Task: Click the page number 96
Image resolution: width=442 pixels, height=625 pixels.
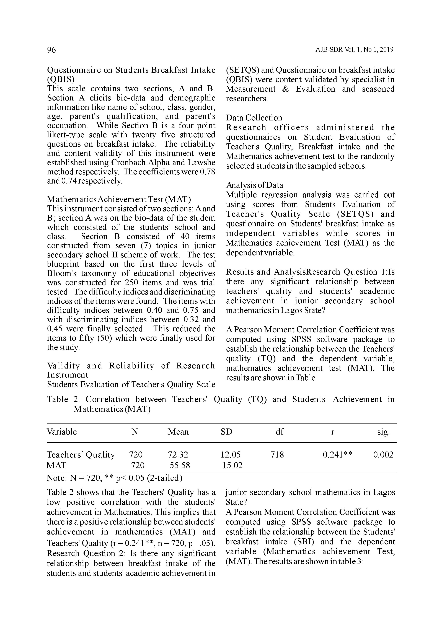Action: tap(51, 50)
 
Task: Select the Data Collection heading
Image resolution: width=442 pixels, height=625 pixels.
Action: tap(254, 118)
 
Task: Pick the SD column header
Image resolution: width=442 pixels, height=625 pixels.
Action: tap(226, 432)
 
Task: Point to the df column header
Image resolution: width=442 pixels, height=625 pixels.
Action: tap(280, 432)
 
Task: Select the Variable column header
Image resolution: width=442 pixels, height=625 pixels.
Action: tap(62, 432)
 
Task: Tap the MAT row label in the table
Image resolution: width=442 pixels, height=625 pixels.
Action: tap(56, 465)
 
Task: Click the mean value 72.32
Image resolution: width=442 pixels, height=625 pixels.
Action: tap(178, 455)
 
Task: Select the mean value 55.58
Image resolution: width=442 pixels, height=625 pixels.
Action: tap(180, 465)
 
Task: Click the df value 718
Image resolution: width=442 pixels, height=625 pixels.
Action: tap(277, 455)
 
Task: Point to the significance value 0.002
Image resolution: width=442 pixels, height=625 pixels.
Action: tap(383, 455)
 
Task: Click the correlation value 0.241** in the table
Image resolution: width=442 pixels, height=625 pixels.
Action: tap(337, 455)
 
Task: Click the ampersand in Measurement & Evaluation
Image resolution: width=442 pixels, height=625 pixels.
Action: tap(286, 89)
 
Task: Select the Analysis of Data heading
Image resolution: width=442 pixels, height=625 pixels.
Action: tap(254, 185)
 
